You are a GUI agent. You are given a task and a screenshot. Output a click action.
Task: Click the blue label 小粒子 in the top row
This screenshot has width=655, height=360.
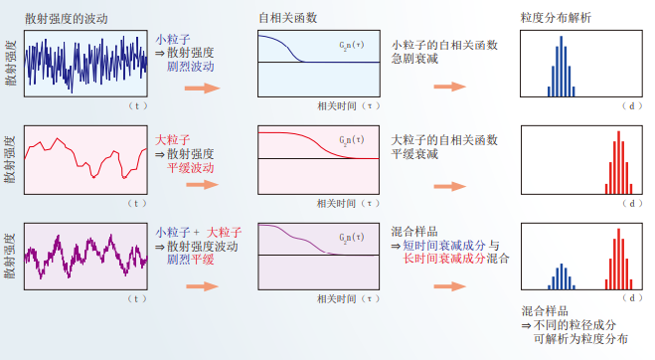(170, 40)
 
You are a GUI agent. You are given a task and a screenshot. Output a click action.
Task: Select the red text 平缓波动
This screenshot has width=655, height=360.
(185, 169)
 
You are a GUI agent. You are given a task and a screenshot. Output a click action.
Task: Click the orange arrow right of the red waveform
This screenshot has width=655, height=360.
(201, 186)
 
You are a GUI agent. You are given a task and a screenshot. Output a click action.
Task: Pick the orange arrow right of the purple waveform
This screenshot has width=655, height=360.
(201, 282)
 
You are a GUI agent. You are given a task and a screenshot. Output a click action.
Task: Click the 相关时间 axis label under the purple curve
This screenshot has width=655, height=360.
(339, 297)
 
